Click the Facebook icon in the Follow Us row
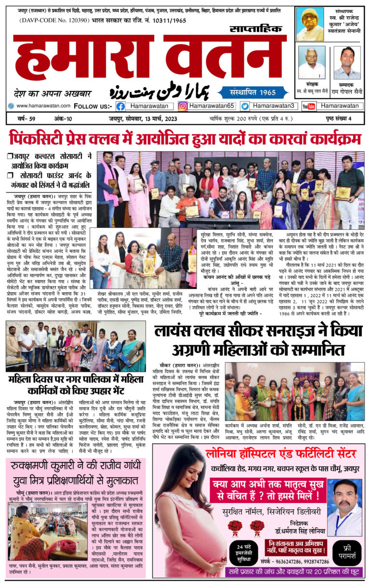click(x=120, y=106)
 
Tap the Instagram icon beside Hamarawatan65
click(x=183, y=106)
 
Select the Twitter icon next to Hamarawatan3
click(x=245, y=106)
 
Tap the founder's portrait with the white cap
click(x=310, y=24)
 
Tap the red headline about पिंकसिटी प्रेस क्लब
click(x=185, y=139)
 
